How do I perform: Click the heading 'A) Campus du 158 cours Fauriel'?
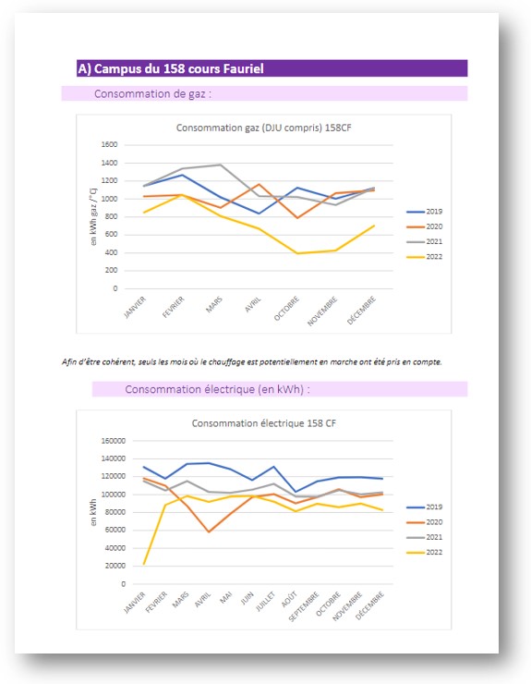point(171,69)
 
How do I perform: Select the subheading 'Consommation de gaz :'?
point(152,93)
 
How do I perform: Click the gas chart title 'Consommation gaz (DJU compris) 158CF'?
point(264,128)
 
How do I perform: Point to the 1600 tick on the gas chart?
point(109,144)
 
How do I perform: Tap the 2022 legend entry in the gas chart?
point(424,257)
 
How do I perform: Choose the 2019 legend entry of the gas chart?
point(424,212)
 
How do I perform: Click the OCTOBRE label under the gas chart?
point(287,309)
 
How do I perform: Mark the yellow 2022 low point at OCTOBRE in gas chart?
point(297,253)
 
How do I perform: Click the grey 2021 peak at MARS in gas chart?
point(221,165)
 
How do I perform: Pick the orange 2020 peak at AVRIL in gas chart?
point(259,184)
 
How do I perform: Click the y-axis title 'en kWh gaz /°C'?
point(93,217)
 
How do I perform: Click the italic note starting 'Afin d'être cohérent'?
point(251,361)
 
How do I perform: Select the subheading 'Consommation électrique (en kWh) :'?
point(217,389)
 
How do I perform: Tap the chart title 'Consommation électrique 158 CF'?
point(264,423)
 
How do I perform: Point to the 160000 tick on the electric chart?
point(114,441)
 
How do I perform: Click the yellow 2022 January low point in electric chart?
point(144,564)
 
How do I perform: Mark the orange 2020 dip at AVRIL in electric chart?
point(209,531)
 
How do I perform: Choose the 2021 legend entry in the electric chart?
point(424,537)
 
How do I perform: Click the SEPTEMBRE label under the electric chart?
point(305,606)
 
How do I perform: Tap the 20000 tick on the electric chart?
point(115,566)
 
